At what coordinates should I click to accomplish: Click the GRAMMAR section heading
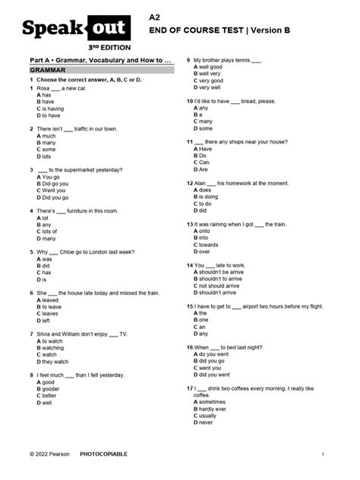tap(47, 69)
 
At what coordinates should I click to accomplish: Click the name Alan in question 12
tap(201, 183)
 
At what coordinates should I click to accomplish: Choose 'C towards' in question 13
tap(207, 245)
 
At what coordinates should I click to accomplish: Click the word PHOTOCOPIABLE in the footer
tap(104, 453)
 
